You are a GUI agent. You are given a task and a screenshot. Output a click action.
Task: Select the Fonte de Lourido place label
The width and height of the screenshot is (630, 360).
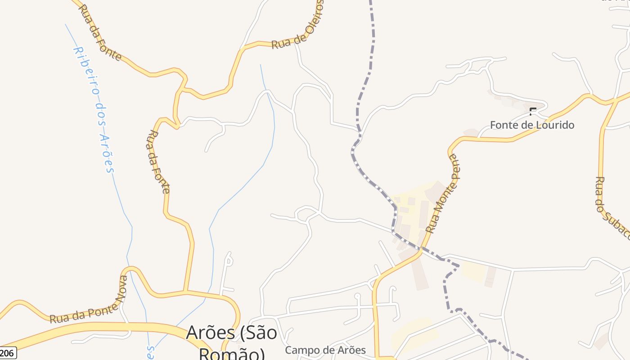(x=532, y=125)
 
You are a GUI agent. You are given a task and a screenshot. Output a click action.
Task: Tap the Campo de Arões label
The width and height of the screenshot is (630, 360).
(x=325, y=350)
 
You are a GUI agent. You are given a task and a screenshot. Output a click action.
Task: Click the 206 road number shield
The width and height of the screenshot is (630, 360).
(x=8, y=353)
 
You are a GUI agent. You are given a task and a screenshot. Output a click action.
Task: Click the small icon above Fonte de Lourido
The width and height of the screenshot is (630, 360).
(x=533, y=111)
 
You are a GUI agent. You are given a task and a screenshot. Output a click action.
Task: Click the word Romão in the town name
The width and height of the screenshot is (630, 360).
(x=231, y=354)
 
